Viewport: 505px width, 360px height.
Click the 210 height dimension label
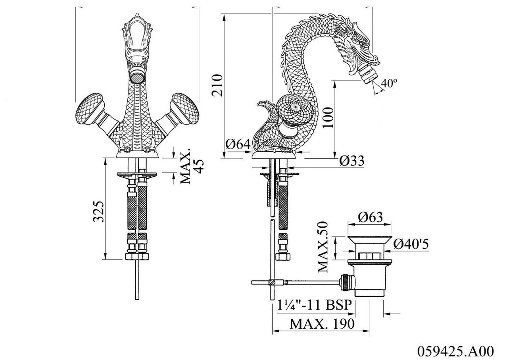tap(217, 85)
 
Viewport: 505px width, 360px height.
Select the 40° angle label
tap(388, 83)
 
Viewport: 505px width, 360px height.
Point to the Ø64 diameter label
tap(238, 145)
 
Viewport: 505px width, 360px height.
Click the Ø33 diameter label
tap(351, 161)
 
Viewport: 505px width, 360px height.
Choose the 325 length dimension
tap(98, 211)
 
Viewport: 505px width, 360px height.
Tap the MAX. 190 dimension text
tap(322, 324)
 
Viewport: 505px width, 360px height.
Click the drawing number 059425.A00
tap(455, 351)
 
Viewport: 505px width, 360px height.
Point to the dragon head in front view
tap(136, 40)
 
